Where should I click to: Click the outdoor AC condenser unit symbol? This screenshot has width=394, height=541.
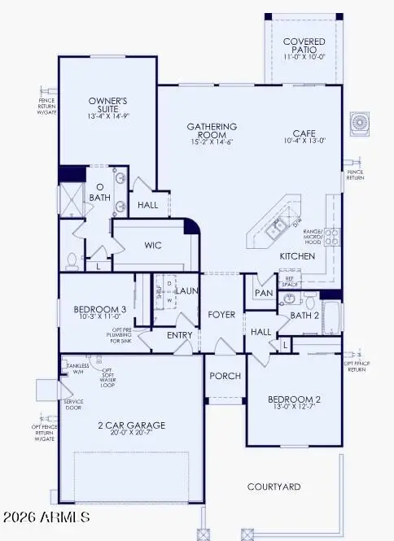[359, 124]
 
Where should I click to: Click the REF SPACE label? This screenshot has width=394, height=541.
[289, 281]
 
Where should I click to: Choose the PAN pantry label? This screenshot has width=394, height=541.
[263, 293]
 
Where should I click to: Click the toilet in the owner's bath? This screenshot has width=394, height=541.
[71, 260]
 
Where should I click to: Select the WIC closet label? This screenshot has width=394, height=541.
[155, 244]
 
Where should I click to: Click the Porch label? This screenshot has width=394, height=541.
[224, 377]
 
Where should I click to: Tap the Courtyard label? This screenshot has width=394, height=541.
[274, 486]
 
